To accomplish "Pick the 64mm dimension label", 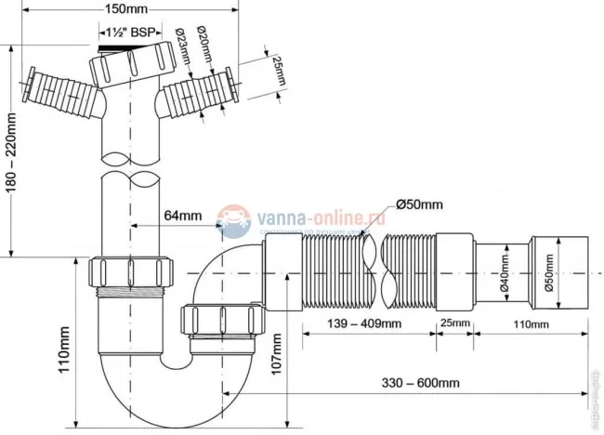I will (182, 216).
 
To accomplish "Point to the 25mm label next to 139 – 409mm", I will (454, 323).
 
